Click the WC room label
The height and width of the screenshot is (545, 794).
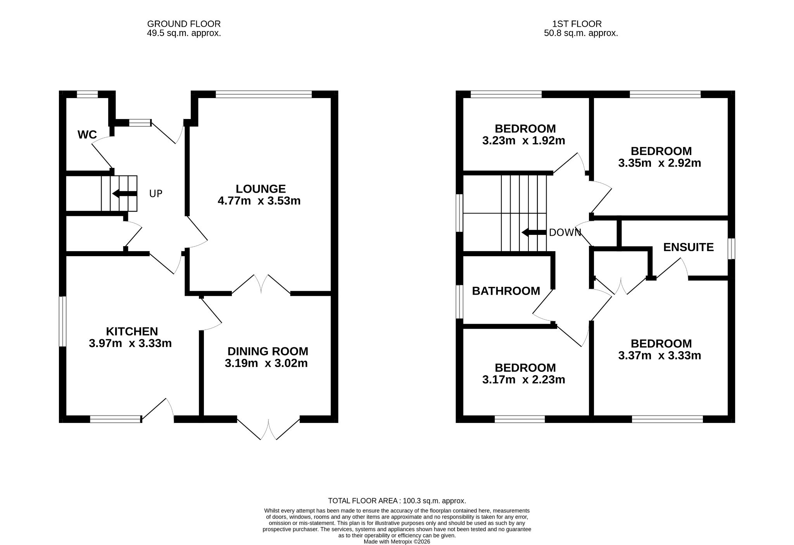tap(87, 135)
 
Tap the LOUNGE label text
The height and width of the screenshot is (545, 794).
tap(261, 189)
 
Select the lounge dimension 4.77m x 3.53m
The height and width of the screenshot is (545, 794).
tap(259, 201)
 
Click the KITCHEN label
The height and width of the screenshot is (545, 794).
tap(132, 331)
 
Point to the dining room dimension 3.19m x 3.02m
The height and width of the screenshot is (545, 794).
tap(266, 363)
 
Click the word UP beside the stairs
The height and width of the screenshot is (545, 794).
tap(156, 194)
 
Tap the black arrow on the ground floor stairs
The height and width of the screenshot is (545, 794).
tap(124, 193)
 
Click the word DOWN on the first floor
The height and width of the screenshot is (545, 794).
tap(565, 233)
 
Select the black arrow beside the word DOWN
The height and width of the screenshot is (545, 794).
tap(534, 233)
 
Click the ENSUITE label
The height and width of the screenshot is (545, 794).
tap(689, 247)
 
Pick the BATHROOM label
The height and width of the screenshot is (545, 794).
tap(506, 291)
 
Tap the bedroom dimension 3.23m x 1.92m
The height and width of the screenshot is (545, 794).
tap(524, 140)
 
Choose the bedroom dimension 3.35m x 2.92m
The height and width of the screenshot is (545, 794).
tap(660, 163)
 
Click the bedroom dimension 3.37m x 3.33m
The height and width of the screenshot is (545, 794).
tap(660, 355)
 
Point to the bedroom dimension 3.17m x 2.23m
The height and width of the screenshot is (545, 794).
tap(524, 379)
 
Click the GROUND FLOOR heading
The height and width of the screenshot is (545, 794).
tap(184, 24)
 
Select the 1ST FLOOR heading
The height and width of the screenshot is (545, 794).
tap(577, 24)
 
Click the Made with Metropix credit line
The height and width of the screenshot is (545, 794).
tap(397, 542)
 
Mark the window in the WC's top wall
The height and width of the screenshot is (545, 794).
tap(87, 94)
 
